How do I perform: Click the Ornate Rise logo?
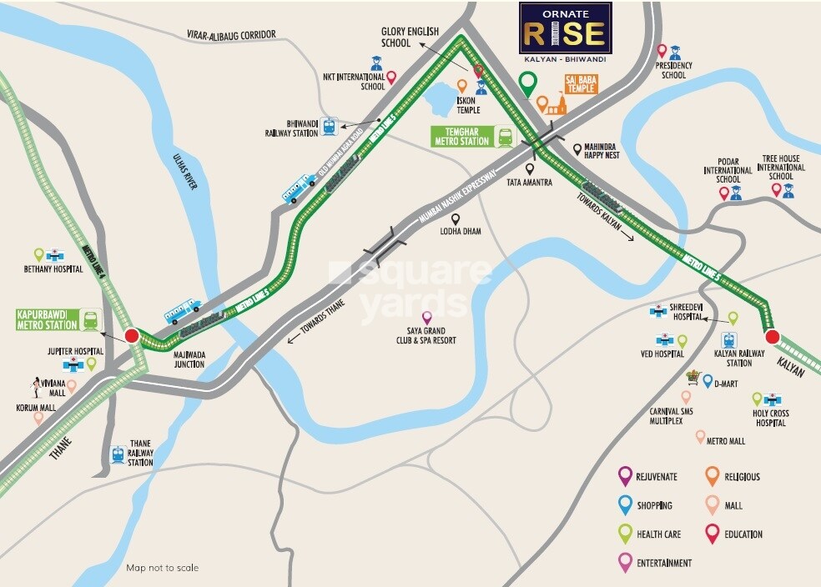coord(565,28)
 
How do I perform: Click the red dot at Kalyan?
coord(772,337)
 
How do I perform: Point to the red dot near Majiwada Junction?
coord(131,336)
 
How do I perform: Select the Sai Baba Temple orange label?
coord(582,83)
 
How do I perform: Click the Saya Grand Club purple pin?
coord(426,318)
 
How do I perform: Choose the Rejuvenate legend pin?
coord(624,476)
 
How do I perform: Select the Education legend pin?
coord(712,534)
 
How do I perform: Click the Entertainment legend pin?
coord(624,562)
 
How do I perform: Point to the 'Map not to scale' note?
coord(163,568)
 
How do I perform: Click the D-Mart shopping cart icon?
coord(692,378)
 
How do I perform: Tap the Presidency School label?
coord(673,70)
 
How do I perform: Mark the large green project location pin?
coord(526,83)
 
